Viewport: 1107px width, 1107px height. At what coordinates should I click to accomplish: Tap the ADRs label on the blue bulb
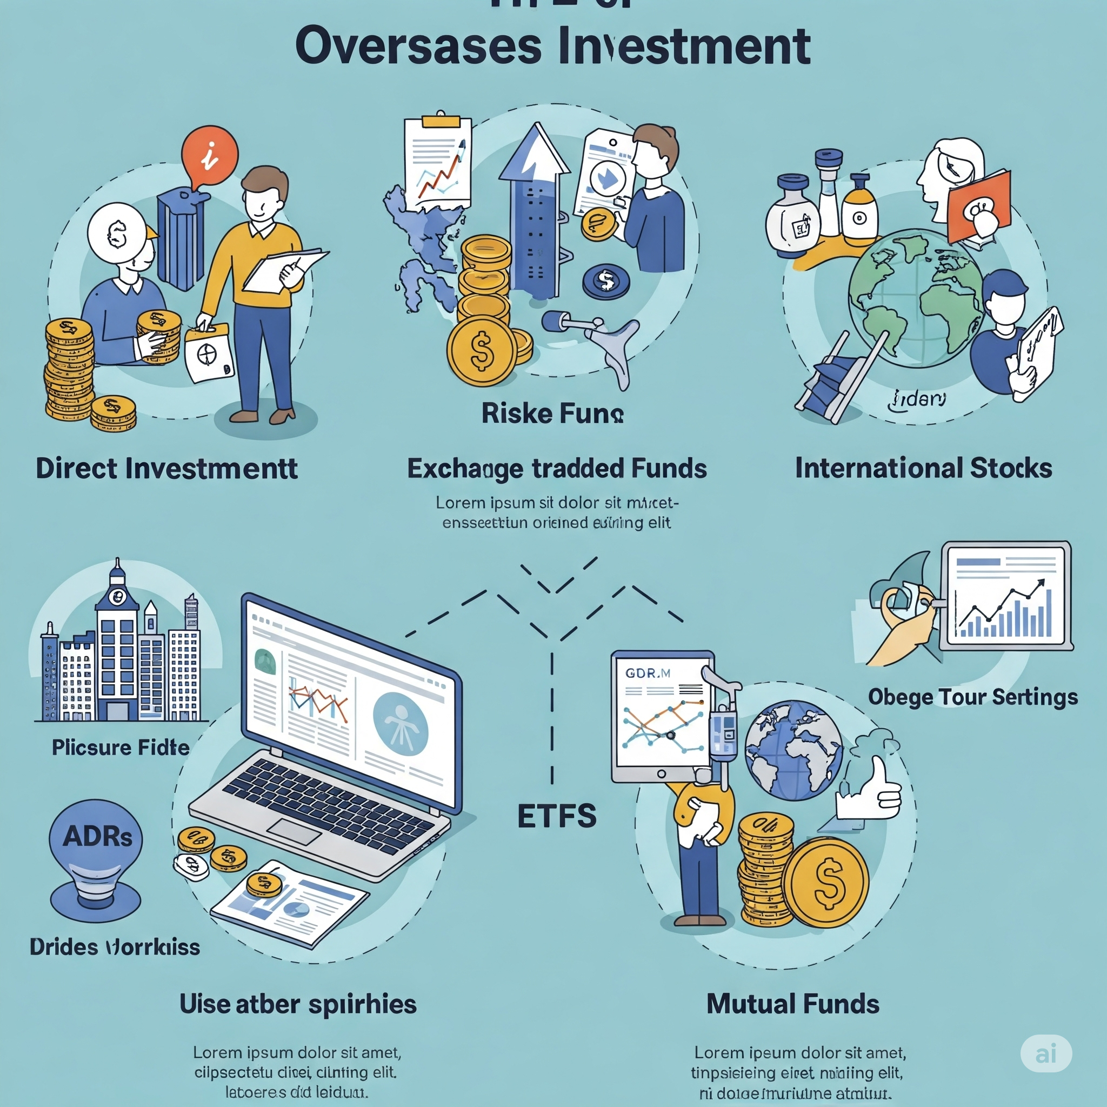pos(97,837)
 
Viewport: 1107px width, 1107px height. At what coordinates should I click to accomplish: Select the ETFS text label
pos(556,816)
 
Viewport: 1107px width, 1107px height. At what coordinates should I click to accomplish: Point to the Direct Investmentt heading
pos(166,469)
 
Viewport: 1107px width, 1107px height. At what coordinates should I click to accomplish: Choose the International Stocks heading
pos(923,468)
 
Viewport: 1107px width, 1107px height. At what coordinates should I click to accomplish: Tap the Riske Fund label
pos(552,413)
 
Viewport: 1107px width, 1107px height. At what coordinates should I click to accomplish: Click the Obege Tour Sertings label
pos(972,697)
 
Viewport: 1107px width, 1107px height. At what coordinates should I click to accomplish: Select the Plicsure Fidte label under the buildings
pos(121,747)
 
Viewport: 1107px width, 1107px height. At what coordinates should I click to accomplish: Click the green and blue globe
pos(915,298)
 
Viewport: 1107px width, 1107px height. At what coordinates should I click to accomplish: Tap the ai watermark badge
pos(1046,1053)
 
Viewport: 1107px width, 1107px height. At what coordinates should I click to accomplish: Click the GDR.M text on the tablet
pos(648,673)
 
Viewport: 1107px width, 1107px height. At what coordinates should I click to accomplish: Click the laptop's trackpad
pos(295,831)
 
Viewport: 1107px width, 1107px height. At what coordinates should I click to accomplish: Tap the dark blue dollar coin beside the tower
pos(605,281)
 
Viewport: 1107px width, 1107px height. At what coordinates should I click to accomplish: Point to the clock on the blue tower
pos(117,596)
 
